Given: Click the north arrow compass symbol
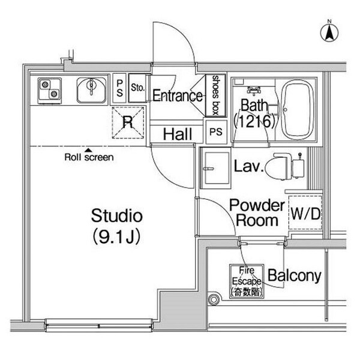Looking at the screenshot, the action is (329, 33).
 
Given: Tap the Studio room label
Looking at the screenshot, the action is (117, 216).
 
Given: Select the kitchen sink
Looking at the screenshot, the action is (92, 90).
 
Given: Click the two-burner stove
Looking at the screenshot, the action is (50, 91).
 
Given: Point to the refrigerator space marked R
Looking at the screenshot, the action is (128, 122).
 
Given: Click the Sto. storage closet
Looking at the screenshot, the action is (137, 88).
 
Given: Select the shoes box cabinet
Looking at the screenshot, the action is (215, 95).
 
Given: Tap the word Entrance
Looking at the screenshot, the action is (178, 96).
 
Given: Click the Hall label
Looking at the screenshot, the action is (178, 134).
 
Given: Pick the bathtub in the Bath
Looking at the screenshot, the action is (297, 110).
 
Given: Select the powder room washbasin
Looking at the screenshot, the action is (215, 168).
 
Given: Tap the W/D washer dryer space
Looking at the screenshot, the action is (305, 212).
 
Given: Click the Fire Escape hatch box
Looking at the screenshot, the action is (247, 281).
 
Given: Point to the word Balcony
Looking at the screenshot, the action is (295, 275).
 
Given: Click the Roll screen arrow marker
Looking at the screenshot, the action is (88, 151).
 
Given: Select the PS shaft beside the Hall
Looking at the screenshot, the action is (216, 132).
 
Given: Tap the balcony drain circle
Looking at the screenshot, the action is (214, 299).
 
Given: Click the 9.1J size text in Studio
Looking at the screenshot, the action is (116, 237).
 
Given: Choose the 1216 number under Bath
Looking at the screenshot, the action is (254, 121).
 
